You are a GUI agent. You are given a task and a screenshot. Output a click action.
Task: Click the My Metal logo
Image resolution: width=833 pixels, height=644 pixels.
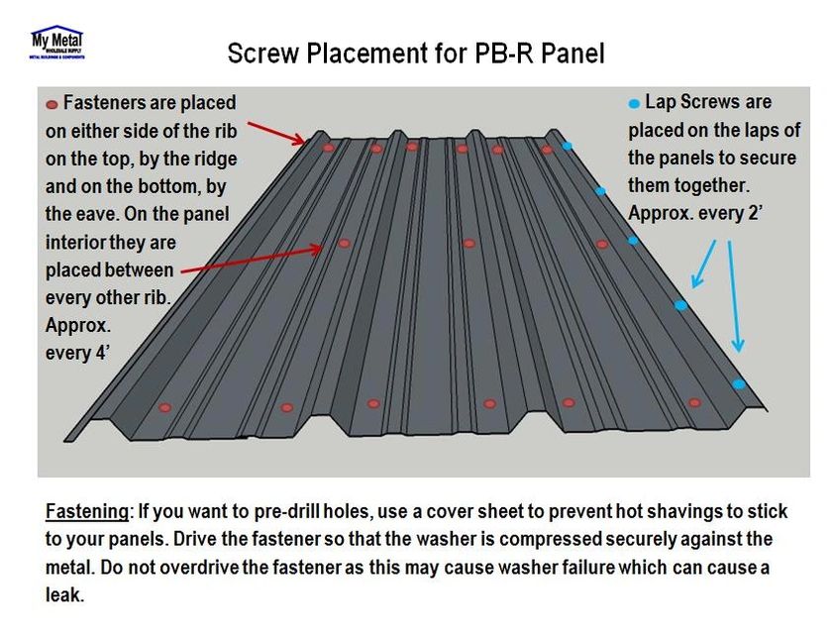(56, 43)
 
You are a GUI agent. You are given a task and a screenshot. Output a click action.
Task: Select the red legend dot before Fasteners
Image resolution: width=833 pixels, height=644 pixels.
(52, 104)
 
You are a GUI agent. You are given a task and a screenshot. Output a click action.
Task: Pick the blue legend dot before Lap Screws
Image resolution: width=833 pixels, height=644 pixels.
(634, 103)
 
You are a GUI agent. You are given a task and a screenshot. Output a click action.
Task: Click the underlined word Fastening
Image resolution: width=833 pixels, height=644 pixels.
(87, 512)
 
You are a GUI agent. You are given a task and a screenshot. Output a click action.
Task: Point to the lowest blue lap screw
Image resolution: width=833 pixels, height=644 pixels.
(738, 383)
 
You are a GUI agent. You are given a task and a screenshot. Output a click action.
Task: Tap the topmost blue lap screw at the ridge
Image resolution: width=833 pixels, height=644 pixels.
(568, 147)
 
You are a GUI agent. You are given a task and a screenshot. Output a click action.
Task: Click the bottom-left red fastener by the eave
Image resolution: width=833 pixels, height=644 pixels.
(165, 407)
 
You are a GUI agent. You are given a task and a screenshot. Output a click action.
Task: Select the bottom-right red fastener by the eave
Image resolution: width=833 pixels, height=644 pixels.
(694, 403)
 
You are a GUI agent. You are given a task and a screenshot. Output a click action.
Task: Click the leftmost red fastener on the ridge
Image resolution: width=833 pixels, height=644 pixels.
(329, 148)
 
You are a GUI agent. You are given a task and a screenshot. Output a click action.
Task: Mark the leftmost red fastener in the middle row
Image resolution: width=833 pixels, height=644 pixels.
(344, 243)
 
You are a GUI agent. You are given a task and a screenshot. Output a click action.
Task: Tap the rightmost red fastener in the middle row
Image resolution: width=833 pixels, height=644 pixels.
(601, 243)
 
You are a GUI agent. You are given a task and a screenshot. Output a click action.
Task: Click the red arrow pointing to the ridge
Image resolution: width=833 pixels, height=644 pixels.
(276, 133)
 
